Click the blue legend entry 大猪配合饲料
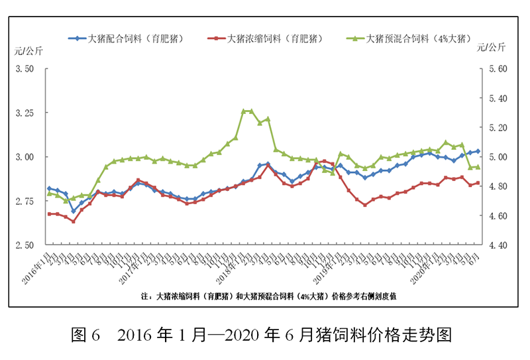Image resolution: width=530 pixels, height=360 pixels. pos(126,38)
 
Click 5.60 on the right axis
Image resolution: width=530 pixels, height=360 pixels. pos(497,69)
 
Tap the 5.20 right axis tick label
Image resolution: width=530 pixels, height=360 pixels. pos(497,128)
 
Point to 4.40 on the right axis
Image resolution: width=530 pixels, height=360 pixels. pos(497,245)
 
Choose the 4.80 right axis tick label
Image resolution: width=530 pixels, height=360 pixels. pos(497,186)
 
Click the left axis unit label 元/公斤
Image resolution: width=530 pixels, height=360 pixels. pos(28,51)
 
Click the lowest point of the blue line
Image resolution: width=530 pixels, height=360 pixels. pos(74,211)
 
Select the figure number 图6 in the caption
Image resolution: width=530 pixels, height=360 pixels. pos(85,335)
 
